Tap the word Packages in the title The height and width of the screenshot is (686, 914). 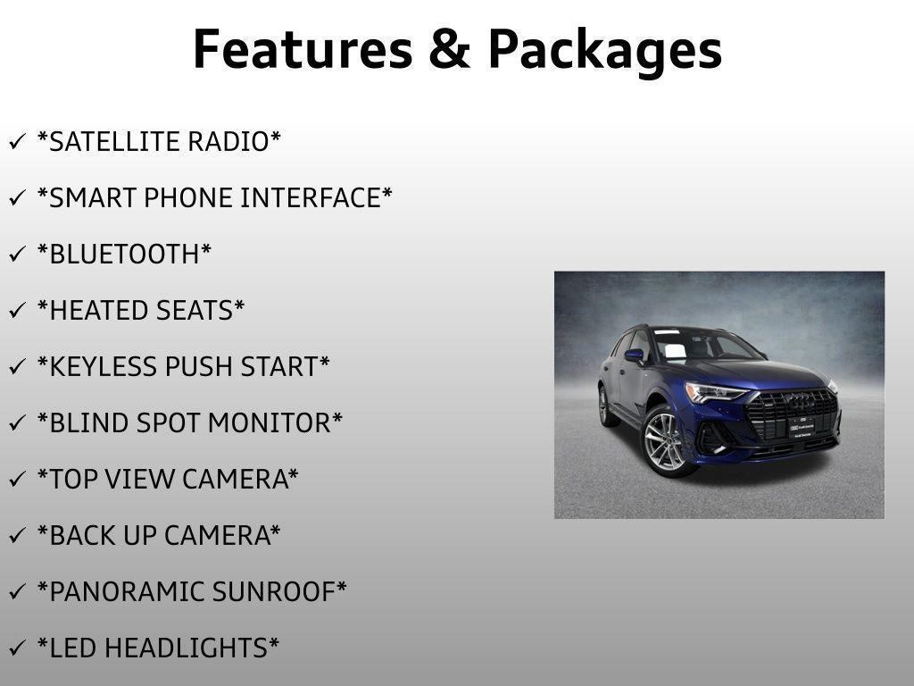[x=604, y=51]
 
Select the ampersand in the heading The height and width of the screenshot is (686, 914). [x=449, y=50]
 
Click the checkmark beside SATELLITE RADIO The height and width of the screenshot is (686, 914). [x=17, y=142]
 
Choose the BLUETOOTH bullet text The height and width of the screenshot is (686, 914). [x=124, y=255]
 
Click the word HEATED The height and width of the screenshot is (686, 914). [x=96, y=311]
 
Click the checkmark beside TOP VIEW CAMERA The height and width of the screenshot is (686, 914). [x=17, y=480]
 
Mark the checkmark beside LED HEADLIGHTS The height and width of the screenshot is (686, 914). [x=17, y=648]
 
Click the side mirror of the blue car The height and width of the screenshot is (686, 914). [x=635, y=356]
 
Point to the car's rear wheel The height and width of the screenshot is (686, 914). [x=605, y=405]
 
